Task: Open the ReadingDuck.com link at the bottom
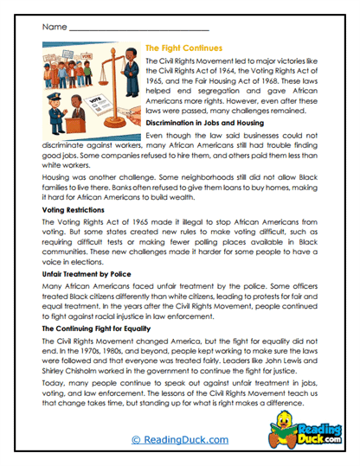point(181,440)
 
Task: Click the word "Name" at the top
point(53,28)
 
